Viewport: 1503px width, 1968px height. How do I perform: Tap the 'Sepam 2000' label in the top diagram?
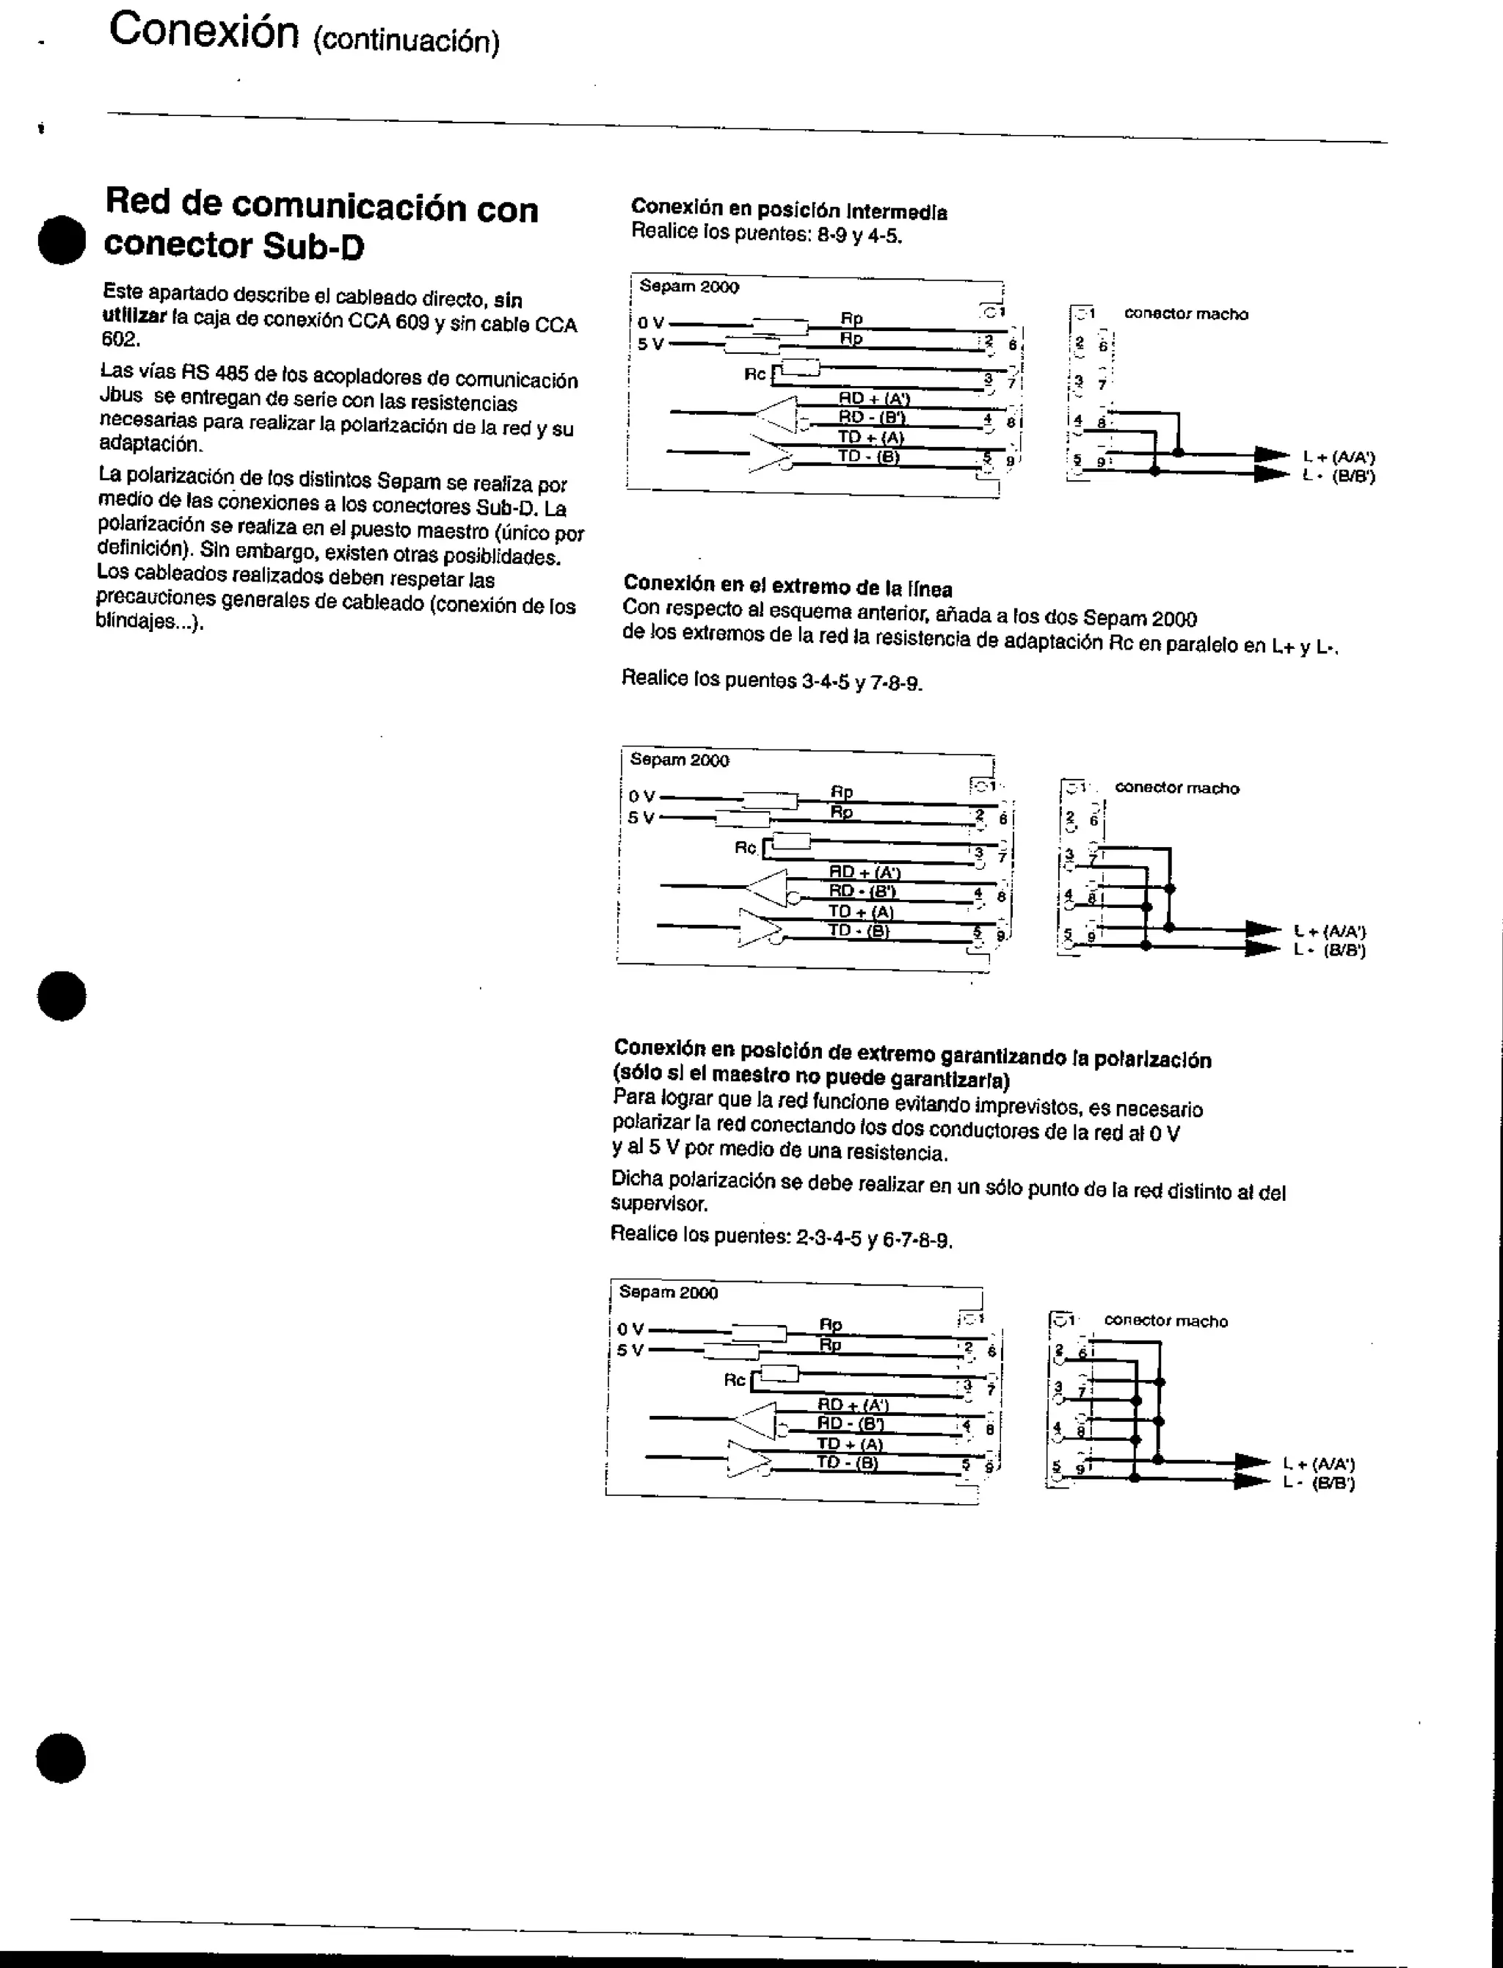tap(689, 286)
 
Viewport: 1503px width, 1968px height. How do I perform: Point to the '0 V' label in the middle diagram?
tap(641, 796)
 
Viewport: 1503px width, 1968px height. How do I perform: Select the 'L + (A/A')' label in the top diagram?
tap(1339, 457)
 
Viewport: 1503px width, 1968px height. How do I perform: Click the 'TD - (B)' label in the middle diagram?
tap(858, 930)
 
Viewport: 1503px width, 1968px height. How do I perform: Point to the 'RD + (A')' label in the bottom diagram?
tap(853, 1404)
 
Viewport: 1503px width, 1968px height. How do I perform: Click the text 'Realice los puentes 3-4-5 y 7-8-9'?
tap(771, 680)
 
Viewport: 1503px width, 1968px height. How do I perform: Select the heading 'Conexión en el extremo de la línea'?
tap(787, 587)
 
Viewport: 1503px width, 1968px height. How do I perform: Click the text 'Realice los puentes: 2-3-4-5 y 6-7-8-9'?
tap(781, 1237)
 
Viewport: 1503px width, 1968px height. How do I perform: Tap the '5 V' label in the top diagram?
tap(650, 344)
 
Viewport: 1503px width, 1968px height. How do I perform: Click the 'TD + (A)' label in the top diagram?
tap(870, 437)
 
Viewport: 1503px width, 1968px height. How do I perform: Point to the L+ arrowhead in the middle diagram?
tap(1263, 930)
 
